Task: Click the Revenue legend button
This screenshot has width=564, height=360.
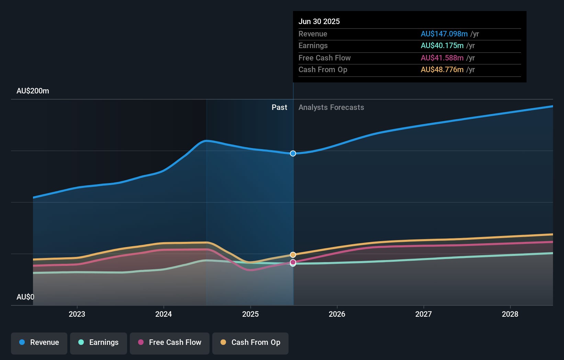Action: [x=39, y=342]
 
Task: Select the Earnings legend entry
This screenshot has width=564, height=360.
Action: [x=99, y=342]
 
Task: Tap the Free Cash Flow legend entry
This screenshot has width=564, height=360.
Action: [x=170, y=342]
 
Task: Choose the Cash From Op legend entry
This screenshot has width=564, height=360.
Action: [x=250, y=342]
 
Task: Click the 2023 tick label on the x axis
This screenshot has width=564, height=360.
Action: [x=77, y=314]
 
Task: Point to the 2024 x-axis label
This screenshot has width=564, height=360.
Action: [x=163, y=314]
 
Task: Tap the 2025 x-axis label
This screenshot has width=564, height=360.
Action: [x=250, y=314]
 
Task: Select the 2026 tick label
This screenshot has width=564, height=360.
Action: [x=337, y=314]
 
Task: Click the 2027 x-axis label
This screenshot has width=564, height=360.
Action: [x=424, y=314]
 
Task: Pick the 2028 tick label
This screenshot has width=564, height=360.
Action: [x=510, y=314]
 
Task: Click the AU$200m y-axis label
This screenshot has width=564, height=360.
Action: [x=33, y=91]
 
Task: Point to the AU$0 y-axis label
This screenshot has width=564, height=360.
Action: [x=25, y=297]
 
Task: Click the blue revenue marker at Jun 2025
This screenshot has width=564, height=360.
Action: [x=293, y=154]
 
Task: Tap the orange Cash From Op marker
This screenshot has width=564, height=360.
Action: [x=293, y=255]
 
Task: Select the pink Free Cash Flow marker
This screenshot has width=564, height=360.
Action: [x=293, y=262]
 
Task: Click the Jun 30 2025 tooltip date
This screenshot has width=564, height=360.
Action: [x=319, y=21]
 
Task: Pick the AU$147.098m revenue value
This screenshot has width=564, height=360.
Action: [x=444, y=34]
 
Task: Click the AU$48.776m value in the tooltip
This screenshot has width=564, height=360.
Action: [x=442, y=69]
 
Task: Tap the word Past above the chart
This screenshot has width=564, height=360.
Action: [x=279, y=107]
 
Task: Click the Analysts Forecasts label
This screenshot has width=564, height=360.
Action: [x=331, y=107]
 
